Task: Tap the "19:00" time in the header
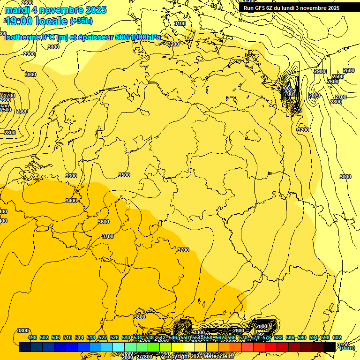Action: tap(22, 21)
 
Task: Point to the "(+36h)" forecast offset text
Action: tap(81, 21)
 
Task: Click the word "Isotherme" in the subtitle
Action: tap(22, 37)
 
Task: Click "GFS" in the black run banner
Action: tap(263, 8)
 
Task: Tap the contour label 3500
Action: tap(124, 175)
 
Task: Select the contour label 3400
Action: tap(71, 201)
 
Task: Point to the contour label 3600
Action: tap(104, 222)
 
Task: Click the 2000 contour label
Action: tap(262, 326)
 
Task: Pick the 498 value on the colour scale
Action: tap(32, 337)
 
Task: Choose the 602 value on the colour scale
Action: tap(337, 337)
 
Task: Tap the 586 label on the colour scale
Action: tap(290, 337)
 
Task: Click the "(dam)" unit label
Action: tap(347, 348)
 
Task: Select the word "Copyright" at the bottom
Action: tap(177, 357)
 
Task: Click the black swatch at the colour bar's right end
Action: tap(330, 347)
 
